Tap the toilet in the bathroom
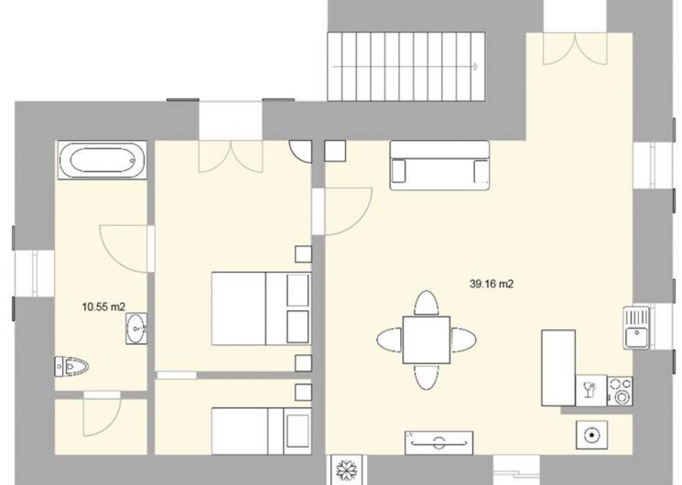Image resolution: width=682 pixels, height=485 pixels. click(71, 367)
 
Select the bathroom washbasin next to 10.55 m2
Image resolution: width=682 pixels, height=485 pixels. click(136, 327)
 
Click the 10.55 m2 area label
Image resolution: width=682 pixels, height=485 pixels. click(103, 307)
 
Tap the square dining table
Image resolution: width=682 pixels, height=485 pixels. click(426, 339)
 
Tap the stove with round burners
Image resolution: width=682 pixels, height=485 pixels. click(620, 390)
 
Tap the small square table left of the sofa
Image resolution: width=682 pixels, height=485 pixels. click(334, 151)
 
